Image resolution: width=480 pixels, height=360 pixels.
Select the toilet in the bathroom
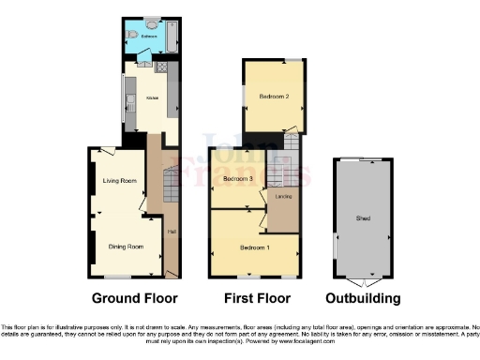[x=132, y=35]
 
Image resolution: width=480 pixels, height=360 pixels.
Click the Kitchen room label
[x=150, y=97]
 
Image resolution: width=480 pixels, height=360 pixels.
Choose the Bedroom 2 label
[x=273, y=97]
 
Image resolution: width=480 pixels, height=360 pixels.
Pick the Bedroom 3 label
[x=238, y=178]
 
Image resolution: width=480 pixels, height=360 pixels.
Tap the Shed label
[x=363, y=218]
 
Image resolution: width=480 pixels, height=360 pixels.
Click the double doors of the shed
[x=363, y=281]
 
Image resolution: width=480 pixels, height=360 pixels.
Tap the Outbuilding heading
[x=363, y=299]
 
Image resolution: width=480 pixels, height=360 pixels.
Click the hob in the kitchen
[x=161, y=67]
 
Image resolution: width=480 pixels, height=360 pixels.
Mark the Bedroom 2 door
[x=293, y=129]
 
